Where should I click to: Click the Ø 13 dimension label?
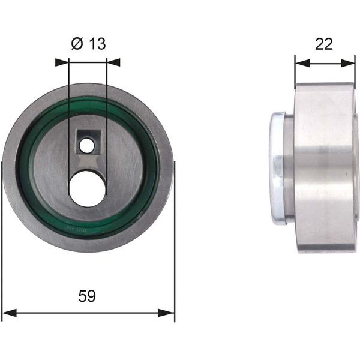click(x=89, y=44)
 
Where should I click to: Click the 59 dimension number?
click(x=87, y=296)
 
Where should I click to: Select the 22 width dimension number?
click(x=324, y=44)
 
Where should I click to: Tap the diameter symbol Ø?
click(x=77, y=44)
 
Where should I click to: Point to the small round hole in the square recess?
click(x=86, y=145)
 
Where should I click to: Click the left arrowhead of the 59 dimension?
click(x=9, y=313)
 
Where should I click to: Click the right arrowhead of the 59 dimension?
click(x=166, y=313)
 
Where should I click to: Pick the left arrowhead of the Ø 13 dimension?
click(x=62, y=62)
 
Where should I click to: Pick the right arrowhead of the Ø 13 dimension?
click(x=113, y=62)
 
